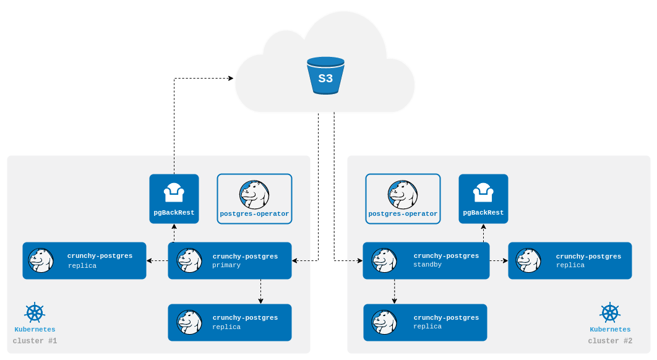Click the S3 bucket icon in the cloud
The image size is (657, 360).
325,75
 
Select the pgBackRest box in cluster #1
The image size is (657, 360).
174,199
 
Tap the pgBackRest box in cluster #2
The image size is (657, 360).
483,199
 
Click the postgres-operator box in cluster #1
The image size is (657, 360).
254,199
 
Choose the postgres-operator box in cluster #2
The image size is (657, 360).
403,199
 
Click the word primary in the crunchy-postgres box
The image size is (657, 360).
226,265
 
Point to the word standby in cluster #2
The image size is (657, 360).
427,265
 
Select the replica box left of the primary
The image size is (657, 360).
84,260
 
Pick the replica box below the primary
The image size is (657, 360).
230,322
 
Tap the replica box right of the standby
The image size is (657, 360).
570,260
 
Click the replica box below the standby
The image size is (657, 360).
425,322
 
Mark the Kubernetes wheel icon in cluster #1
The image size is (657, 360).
35,312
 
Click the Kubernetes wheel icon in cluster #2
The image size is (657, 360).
610,312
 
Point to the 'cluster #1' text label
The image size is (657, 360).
35,341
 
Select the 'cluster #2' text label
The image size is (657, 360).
610,341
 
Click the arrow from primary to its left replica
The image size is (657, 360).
157,260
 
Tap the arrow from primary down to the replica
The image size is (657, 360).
260,291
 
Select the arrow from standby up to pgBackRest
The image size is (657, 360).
483,233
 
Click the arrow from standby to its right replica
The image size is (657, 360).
499,260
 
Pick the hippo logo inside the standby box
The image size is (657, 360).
384,260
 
